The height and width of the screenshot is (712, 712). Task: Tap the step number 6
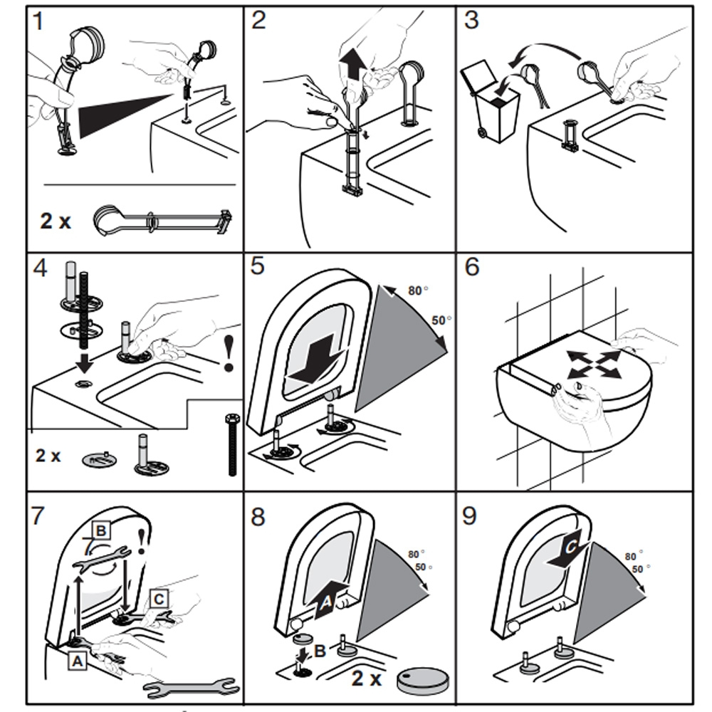tap(471, 268)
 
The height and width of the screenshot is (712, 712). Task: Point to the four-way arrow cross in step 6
tap(588, 364)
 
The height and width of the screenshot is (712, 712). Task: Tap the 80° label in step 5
tap(417, 290)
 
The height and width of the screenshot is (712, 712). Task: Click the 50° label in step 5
tap(440, 320)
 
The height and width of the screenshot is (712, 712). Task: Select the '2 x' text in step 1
tap(56, 221)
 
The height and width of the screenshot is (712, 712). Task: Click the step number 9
tap(469, 515)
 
